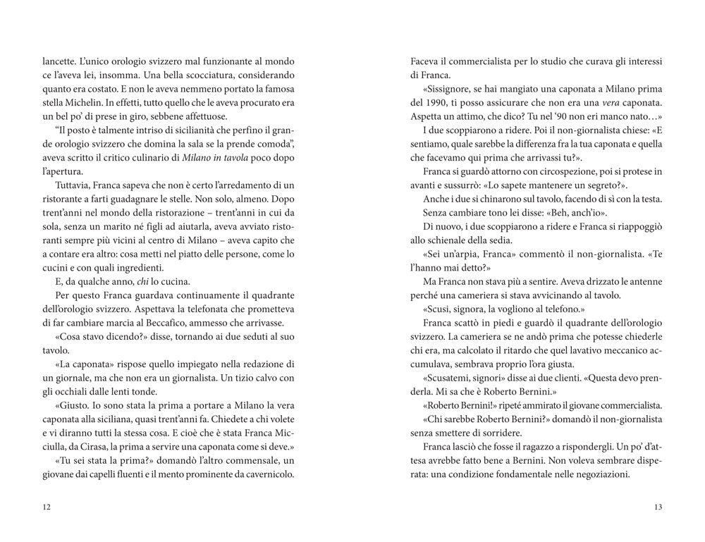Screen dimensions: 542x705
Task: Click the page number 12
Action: click(x=47, y=507)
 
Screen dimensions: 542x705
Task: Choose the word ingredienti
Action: click(x=137, y=268)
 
